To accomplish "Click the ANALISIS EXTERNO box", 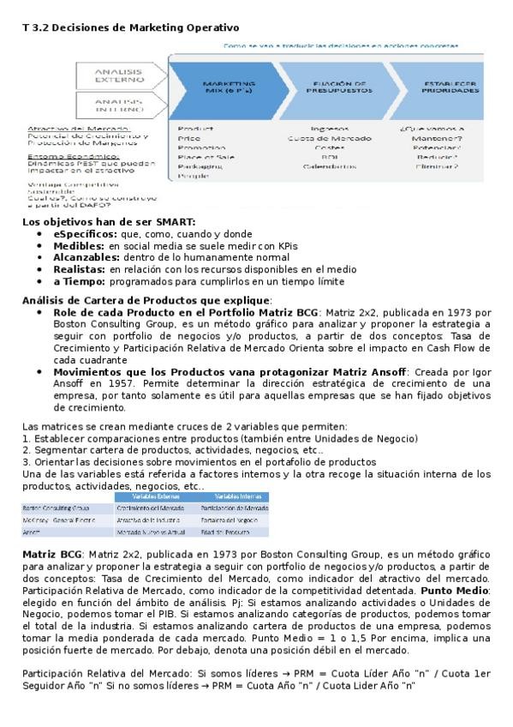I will [119, 75].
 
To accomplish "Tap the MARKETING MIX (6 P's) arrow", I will [228, 86].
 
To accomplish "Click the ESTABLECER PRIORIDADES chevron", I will [445, 86].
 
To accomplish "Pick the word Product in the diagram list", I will [189, 128].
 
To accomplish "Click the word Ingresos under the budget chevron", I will [330, 129].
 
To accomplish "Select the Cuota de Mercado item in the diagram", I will [330, 138].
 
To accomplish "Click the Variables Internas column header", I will [238, 496].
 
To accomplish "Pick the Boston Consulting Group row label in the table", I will [57, 508].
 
